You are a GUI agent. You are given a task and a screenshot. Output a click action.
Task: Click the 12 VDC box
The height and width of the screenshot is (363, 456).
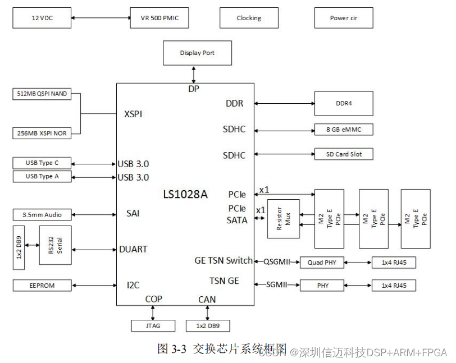pyautogui.click(x=42, y=18)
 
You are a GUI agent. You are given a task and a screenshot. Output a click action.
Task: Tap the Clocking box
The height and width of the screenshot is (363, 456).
pyautogui.click(x=249, y=18)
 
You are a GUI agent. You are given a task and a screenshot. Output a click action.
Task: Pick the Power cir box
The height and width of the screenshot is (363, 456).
pyautogui.click(x=343, y=18)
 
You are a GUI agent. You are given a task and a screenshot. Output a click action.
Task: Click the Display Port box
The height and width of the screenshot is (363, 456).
pyautogui.click(x=197, y=53)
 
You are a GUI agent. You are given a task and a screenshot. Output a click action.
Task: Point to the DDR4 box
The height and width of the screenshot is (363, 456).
pyautogui.click(x=343, y=103)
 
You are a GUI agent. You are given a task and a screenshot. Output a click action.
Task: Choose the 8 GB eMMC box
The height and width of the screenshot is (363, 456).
pyautogui.click(x=343, y=130)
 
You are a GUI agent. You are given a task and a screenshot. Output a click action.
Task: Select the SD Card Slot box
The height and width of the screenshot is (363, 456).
pyautogui.click(x=343, y=154)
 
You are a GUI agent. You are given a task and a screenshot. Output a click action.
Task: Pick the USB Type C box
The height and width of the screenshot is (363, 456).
pyautogui.click(x=42, y=163)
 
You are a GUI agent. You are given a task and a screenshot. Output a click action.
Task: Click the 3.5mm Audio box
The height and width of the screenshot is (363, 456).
pyautogui.click(x=42, y=214)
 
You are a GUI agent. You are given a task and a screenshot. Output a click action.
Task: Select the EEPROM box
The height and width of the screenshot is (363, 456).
pyautogui.click(x=42, y=286)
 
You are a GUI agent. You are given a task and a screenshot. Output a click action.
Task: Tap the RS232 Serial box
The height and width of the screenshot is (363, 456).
pyautogui.click(x=55, y=245)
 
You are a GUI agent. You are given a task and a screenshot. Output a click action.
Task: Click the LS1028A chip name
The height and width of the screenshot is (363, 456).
pyautogui.click(x=185, y=194)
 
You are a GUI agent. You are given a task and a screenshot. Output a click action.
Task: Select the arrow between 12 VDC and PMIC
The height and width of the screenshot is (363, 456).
pyautogui.click(x=100, y=18)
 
